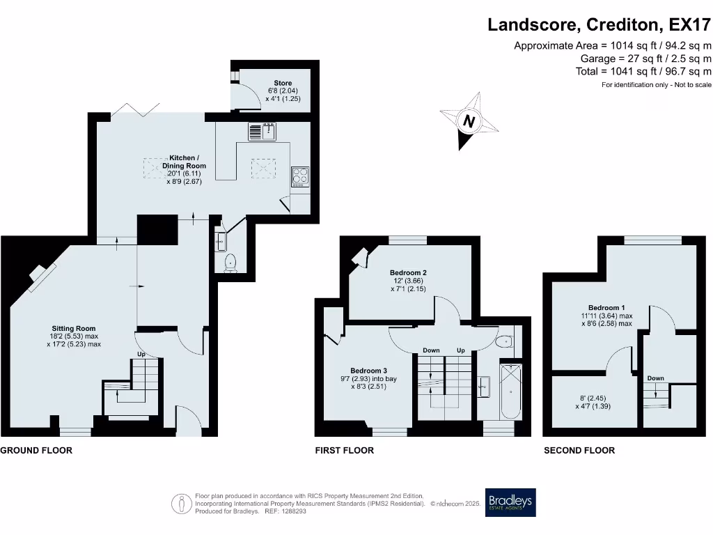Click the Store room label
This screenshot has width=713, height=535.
(x=283, y=83)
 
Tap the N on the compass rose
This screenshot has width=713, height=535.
(x=469, y=121)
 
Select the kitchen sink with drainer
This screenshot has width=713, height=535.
(x=262, y=132)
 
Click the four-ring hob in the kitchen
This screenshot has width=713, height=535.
(x=300, y=177)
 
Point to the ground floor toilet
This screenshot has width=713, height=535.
(x=230, y=263)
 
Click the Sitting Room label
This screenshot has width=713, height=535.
(x=74, y=329)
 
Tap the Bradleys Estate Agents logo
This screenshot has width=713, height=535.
(x=510, y=502)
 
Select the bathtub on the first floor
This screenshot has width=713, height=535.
(x=510, y=391)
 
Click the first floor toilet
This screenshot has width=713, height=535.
(x=505, y=341)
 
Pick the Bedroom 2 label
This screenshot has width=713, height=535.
(x=408, y=273)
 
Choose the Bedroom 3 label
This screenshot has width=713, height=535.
(x=369, y=371)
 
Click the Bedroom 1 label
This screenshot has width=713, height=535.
(x=606, y=307)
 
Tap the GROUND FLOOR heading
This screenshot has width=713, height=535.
(x=36, y=451)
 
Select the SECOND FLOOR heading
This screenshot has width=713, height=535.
(x=579, y=451)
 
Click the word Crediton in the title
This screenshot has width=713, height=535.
(x=622, y=24)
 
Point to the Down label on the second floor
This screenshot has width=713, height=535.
(x=656, y=378)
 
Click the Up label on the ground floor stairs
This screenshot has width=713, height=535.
(x=141, y=354)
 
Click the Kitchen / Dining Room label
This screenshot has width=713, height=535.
(x=184, y=162)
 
